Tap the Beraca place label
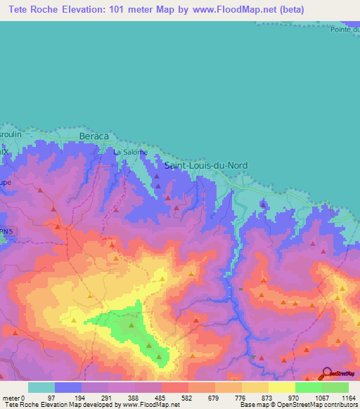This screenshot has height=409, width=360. (94, 136)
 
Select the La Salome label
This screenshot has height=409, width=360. (130, 152)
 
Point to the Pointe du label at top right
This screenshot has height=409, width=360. (345, 30)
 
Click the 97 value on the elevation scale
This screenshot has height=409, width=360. (51, 398)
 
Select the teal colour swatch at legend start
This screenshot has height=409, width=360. (41, 387)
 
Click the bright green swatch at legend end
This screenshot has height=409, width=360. (335, 387)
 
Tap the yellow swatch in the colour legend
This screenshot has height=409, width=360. (282, 387)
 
